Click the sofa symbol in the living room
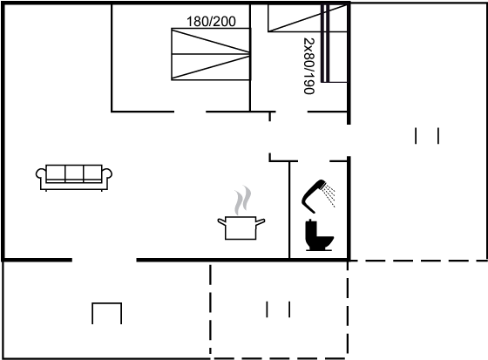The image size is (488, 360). (74, 178)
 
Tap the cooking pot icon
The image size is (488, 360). (241, 228)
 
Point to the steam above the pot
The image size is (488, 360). (243, 200)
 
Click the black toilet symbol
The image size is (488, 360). (319, 235)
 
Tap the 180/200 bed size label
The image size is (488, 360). (211, 22)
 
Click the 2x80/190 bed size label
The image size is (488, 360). (309, 65)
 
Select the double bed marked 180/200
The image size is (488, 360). (211, 54)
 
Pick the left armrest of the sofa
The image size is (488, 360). (41, 174)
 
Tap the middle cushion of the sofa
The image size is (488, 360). (74, 173)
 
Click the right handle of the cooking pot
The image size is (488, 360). (261, 221)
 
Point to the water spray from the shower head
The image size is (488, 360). (329, 194)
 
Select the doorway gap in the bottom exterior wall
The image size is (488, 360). (105, 260)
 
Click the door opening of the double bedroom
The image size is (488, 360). (190, 112)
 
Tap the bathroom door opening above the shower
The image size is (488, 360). (314, 161)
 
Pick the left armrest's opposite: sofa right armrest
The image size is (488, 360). (107, 174)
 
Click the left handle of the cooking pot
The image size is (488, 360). (221, 221)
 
